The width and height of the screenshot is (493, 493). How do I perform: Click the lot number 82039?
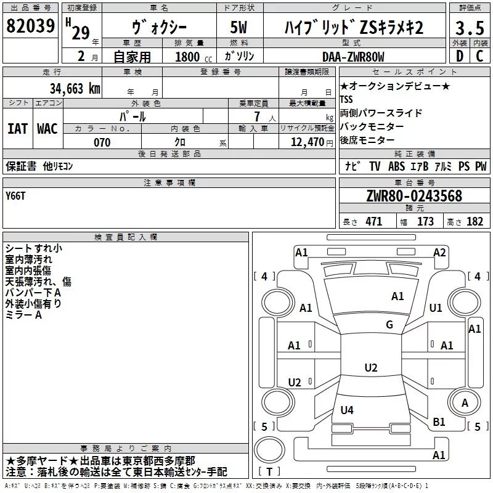click(30, 26)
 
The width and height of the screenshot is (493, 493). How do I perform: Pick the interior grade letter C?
click(479, 55)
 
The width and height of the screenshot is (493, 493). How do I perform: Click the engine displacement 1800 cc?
click(189, 57)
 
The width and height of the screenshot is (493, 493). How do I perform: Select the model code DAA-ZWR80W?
click(352, 57)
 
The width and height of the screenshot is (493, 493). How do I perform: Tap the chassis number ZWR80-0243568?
click(414, 196)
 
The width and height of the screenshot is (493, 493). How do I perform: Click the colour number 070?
click(102, 142)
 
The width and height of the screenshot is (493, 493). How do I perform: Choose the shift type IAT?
click(17, 128)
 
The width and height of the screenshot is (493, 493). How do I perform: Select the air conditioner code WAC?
click(47, 128)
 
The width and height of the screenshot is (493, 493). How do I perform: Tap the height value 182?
click(475, 222)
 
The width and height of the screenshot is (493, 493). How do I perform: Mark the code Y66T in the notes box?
click(16, 196)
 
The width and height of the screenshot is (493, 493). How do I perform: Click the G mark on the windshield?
click(389, 325)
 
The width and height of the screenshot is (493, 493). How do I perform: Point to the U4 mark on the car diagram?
click(347, 410)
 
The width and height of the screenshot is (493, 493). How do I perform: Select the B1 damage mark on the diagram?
click(439, 422)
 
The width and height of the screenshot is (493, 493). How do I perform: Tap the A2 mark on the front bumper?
click(439, 252)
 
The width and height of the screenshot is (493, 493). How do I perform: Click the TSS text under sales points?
click(347, 99)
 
